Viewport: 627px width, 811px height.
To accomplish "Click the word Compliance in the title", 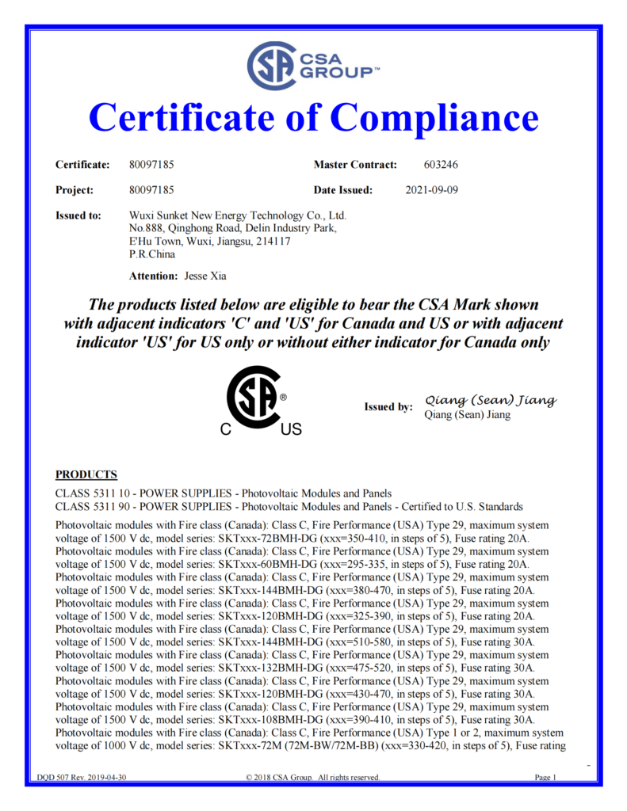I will [x=434, y=119].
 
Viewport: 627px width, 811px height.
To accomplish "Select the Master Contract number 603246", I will [x=442, y=165].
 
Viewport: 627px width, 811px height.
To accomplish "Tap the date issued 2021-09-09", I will [x=431, y=190].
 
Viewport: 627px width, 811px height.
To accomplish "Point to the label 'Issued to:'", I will [x=78, y=215].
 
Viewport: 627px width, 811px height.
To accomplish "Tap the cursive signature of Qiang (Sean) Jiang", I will [x=491, y=400].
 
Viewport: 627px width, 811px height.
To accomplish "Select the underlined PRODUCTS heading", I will [x=86, y=474].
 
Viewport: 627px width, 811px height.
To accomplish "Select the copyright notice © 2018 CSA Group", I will [x=313, y=778].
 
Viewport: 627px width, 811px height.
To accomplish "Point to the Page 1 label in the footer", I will [x=546, y=778].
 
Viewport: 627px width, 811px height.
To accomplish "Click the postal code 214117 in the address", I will [x=274, y=242].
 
